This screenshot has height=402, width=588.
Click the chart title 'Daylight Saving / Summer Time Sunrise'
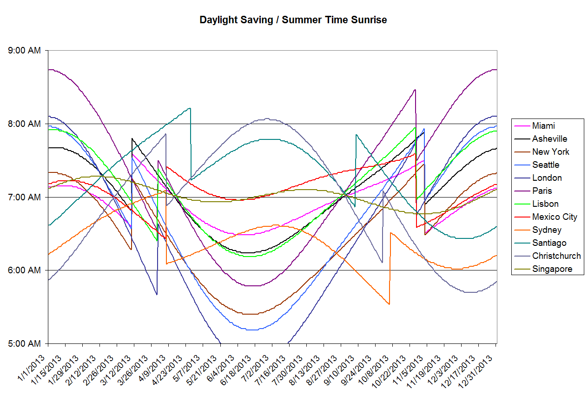293,20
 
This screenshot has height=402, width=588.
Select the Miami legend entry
543,126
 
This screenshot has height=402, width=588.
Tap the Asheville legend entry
549,139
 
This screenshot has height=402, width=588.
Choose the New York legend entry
550,152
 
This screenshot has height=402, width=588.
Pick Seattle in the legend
546,165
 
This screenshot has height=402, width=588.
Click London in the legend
547,178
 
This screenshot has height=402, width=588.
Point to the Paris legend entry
542,191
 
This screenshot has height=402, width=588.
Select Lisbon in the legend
545,204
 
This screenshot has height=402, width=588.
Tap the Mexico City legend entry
555,217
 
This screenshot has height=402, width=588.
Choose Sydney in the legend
547,230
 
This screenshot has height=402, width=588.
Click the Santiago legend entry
549,243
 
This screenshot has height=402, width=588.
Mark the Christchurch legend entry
556,256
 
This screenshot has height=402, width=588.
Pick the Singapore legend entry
552,269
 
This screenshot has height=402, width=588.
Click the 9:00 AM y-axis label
25,51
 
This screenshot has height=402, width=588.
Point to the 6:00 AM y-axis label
25,270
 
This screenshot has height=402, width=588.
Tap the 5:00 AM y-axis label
25,344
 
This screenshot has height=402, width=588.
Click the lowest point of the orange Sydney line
389,304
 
